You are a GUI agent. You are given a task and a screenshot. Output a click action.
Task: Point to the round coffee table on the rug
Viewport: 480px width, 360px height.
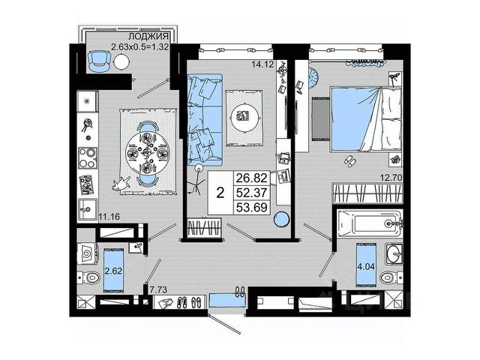pos(244,116)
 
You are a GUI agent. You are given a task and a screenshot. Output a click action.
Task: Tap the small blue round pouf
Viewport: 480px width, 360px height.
pos(280,220)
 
